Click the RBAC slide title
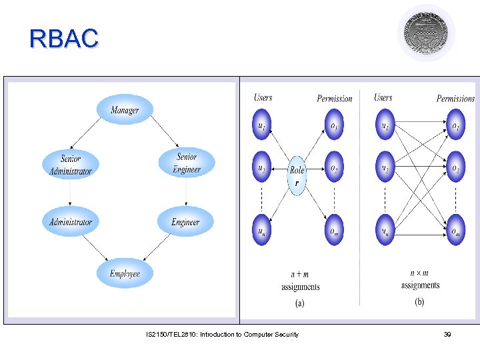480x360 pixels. click(x=64, y=39)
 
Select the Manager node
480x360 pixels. click(x=125, y=109)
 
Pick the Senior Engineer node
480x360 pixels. click(x=187, y=163)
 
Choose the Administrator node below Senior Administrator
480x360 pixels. click(x=71, y=222)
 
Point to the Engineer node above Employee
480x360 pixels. click(x=185, y=222)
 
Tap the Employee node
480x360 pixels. click(x=125, y=273)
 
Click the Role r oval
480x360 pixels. click(x=297, y=175)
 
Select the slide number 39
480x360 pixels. click(x=447, y=334)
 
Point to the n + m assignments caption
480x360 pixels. click(x=300, y=280)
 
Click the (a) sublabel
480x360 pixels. click(x=299, y=303)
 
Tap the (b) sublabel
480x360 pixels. click(x=419, y=302)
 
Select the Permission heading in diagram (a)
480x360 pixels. click(x=334, y=99)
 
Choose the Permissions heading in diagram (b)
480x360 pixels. click(x=455, y=99)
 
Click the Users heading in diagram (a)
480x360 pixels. click(x=263, y=97)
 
